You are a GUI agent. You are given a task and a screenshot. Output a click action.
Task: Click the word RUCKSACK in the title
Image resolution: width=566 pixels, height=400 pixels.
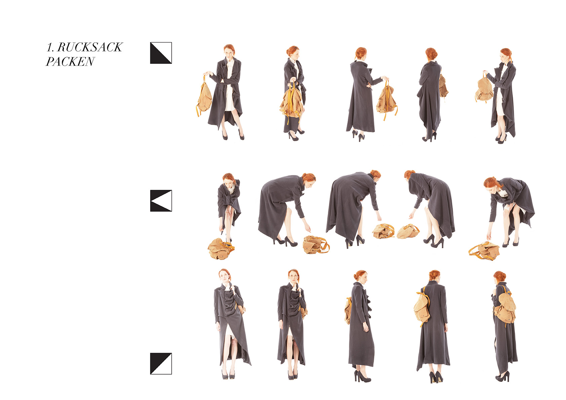coord(90,47)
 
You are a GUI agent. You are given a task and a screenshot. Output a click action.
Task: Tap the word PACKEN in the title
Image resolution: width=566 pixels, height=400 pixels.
coord(70,61)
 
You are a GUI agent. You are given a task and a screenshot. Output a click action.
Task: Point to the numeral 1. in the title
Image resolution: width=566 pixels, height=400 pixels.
coord(50,47)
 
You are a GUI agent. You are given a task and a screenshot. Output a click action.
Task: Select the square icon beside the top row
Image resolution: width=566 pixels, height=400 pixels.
coord(161,53)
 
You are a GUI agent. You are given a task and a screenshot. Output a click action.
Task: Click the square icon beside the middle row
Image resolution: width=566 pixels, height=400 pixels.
coord(161,201)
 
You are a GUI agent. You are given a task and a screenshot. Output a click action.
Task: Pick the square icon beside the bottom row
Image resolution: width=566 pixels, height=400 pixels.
coord(161,364)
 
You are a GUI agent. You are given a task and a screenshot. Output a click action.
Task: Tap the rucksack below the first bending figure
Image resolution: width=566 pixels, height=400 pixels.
coord(221,249)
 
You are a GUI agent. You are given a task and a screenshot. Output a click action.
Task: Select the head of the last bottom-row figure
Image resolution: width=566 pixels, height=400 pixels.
coord(499,277)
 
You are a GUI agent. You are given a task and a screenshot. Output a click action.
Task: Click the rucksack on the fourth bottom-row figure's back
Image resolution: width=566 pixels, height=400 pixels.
coord(421,308)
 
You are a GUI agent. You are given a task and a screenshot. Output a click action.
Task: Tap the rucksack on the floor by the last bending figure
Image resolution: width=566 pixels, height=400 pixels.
coord(484,251)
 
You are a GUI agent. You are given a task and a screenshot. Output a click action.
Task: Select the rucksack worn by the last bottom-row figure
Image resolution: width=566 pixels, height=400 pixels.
coord(504,308)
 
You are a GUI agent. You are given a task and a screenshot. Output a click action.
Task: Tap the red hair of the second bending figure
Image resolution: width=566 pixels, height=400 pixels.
coord(308,177)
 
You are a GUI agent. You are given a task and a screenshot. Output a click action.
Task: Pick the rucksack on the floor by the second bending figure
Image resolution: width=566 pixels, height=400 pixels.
coord(316,245)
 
